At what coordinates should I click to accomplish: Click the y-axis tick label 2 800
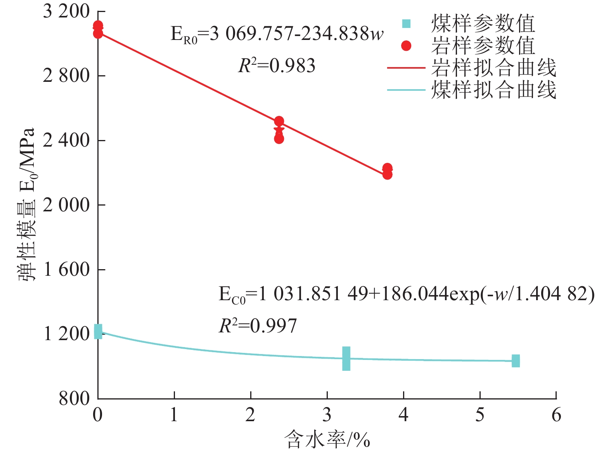tap(66, 76)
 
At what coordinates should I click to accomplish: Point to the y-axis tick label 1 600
tap(66, 270)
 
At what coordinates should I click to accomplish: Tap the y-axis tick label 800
tap(74, 398)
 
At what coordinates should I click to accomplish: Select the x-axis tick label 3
tap(327, 415)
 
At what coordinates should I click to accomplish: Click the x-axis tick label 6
tap(556, 415)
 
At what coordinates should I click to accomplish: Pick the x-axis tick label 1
tap(174, 415)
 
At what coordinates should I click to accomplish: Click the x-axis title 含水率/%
tap(327, 440)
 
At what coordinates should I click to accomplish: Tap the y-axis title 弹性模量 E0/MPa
tap(26, 204)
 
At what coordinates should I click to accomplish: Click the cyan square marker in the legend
tap(406, 24)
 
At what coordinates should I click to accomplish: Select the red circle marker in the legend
tap(406, 46)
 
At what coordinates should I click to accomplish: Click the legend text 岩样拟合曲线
tap(493, 68)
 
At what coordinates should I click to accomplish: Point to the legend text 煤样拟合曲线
tap(493, 90)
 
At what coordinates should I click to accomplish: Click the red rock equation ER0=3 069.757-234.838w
tap(277, 34)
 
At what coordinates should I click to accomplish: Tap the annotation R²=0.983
tap(277, 66)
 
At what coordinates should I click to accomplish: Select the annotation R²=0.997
tap(258, 326)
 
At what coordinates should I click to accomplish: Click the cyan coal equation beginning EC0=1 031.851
tap(406, 294)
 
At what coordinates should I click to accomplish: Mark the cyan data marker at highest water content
tap(516, 361)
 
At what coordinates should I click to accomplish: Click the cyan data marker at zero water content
tap(98, 332)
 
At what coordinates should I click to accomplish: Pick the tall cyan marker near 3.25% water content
tap(346, 358)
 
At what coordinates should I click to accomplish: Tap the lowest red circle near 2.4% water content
tap(279, 139)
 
